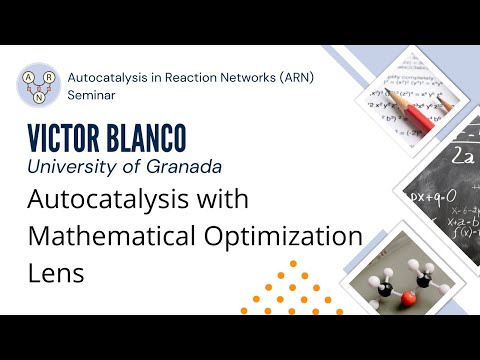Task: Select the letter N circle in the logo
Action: [x=39, y=96]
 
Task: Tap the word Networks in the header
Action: [x=245, y=77]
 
